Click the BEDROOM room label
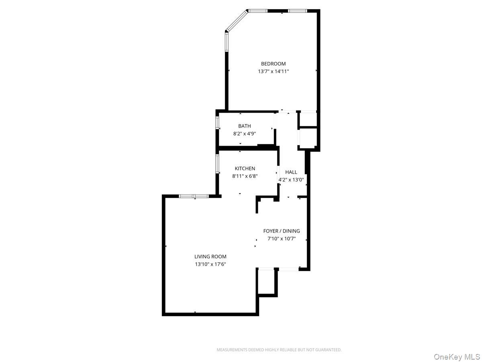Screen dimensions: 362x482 pyautogui.click(x=273, y=64)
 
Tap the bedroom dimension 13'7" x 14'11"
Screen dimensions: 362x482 pyautogui.click(x=273, y=72)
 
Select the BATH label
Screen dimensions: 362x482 pyautogui.click(x=244, y=126)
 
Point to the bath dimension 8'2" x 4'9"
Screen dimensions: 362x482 pyautogui.click(x=244, y=134)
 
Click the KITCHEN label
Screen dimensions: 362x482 pyautogui.click(x=245, y=169)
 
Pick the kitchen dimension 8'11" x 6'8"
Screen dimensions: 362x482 pyautogui.click(x=245, y=176)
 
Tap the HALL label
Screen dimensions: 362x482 pyautogui.click(x=291, y=172)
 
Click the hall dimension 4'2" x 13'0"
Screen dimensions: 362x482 pyautogui.click(x=291, y=180)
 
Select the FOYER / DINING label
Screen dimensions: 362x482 pyautogui.click(x=281, y=231)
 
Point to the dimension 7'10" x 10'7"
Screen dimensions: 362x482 pyautogui.click(x=281, y=239)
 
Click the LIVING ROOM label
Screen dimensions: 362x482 pyautogui.click(x=210, y=257)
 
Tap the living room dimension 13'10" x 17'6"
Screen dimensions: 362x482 pyautogui.click(x=210, y=264)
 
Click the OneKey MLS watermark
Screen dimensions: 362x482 pyautogui.click(x=456, y=357)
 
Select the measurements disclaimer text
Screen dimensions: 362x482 pyautogui.click(x=279, y=350)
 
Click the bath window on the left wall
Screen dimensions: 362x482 pyautogui.click(x=217, y=122)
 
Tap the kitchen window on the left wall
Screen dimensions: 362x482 pyautogui.click(x=217, y=164)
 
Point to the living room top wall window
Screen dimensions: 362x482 pyautogui.click(x=194, y=196)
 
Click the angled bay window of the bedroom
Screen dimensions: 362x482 pyautogui.click(x=237, y=21)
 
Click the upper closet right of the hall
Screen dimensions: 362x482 pyautogui.click(x=308, y=119)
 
